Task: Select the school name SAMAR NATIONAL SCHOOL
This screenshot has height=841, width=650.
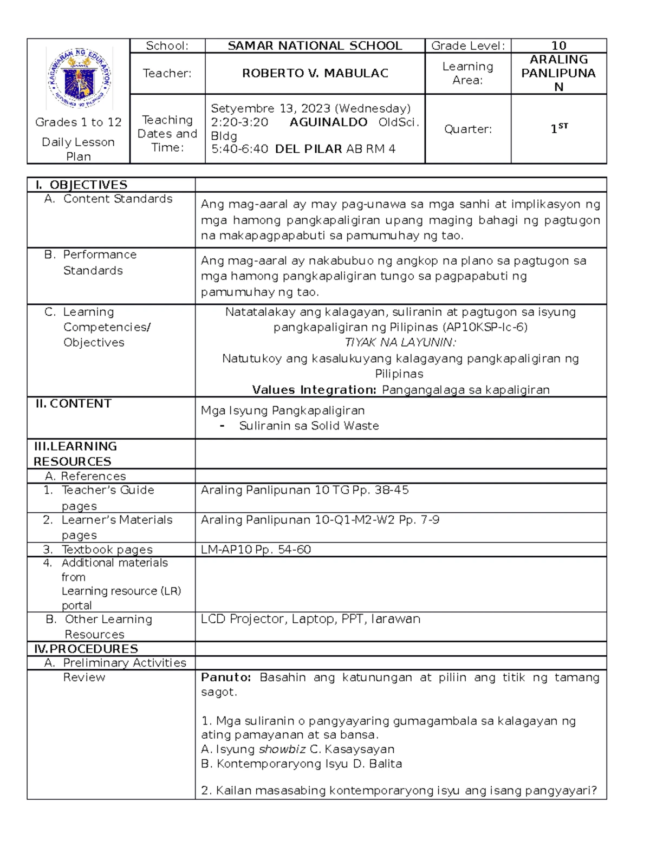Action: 315,46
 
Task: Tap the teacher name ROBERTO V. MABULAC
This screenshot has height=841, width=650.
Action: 315,74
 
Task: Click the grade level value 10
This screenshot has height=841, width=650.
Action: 558,46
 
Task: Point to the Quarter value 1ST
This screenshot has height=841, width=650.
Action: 558,129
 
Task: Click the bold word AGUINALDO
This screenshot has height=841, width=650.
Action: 328,122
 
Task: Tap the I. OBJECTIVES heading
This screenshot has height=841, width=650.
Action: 81,185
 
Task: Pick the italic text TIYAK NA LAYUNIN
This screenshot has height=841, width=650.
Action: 400,342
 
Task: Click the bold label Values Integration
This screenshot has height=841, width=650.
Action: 314,390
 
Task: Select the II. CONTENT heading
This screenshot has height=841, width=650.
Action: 73,403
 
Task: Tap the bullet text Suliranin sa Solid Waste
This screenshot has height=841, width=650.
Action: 309,426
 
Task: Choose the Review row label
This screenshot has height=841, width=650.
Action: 84,677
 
